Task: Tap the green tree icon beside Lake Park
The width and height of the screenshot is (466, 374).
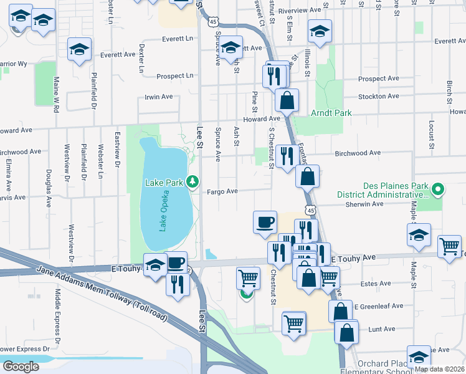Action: pos(193,181)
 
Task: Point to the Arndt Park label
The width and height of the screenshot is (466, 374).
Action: pos(331,113)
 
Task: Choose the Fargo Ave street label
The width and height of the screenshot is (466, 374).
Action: pos(223,191)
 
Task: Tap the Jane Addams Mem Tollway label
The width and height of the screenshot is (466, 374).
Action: pos(103,293)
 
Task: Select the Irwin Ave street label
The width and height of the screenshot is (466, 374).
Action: pos(158,97)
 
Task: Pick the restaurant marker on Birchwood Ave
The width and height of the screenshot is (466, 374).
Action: pos(285,156)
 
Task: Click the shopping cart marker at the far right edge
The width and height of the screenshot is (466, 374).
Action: pos(449,247)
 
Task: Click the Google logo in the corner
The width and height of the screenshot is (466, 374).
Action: pos(21,367)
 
